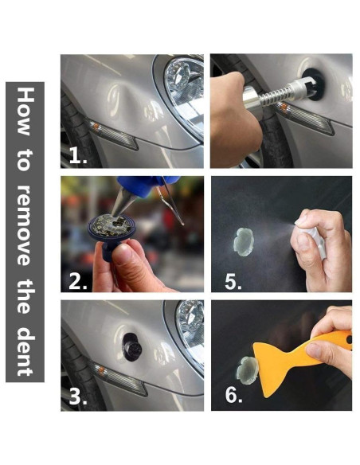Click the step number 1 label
pyautogui.click(x=78, y=155)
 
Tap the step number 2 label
pyautogui.click(x=78, y=281)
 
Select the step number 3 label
pyautogui.click(x=78, y=397)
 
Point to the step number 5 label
pyautogui.click(x=233, y=281)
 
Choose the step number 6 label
pyautogui.click(x=233, y=395)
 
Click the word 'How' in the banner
pyautogui.click(x=25, y=111)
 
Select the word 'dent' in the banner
pyautogui.click(x=25, y=352)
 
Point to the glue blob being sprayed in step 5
pyautogui.click(x=244, y=242)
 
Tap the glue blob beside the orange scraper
pyautogui.click(x=248, y=371)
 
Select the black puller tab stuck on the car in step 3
pyautogui.click(x=132, y=347)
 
